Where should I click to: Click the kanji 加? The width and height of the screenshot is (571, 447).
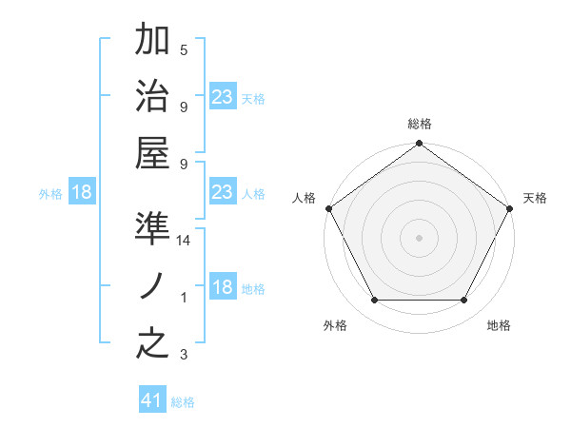[x=152, y=40]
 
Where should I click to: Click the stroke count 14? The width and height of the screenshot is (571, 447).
[x=185, y=241]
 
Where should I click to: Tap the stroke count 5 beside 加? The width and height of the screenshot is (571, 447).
[x=184, y=50]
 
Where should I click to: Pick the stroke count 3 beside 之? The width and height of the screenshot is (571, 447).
[x=184, y=356]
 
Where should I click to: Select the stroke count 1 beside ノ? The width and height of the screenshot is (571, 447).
[x=184, y=298]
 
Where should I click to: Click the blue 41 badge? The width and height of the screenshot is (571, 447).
[x=152, y=400]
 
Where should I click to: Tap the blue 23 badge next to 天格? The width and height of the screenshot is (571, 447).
[x=222, y=97]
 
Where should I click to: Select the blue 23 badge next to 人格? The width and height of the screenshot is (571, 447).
[x=222, y=192]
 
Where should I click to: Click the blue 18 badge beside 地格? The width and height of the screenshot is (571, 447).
[x=222, y=287]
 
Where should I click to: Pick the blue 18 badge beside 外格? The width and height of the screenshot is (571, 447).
[x=82, y=192]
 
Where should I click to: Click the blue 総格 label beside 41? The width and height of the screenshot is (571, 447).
[x=183, y=402]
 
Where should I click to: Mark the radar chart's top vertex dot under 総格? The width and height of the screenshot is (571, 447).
[x=419, y=145]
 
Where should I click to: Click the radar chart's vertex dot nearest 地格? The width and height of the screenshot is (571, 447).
[x=464, y=301]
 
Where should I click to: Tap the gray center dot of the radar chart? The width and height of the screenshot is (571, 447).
[x=419, y=237]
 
